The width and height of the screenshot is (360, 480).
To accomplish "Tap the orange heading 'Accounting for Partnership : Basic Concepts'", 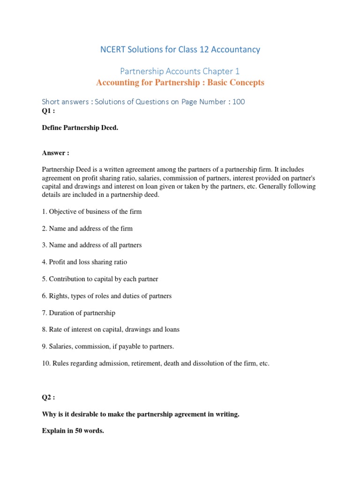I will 180,83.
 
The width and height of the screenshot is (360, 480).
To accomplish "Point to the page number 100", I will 238,101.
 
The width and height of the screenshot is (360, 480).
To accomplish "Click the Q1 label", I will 48,111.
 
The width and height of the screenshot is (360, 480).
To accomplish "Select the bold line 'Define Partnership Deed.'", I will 80,128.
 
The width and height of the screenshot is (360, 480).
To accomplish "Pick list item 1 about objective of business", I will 92,211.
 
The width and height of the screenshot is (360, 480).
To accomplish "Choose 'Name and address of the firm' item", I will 87,228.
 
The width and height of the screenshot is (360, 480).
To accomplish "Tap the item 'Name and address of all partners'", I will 92,245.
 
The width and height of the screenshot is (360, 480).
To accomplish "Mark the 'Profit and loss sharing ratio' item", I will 84,262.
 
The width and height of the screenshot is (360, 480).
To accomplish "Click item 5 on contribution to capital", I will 100,279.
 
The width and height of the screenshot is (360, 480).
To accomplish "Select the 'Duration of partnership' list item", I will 79,313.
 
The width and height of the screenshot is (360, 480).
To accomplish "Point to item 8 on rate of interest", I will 111,330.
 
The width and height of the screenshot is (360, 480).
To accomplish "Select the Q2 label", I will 48,397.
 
